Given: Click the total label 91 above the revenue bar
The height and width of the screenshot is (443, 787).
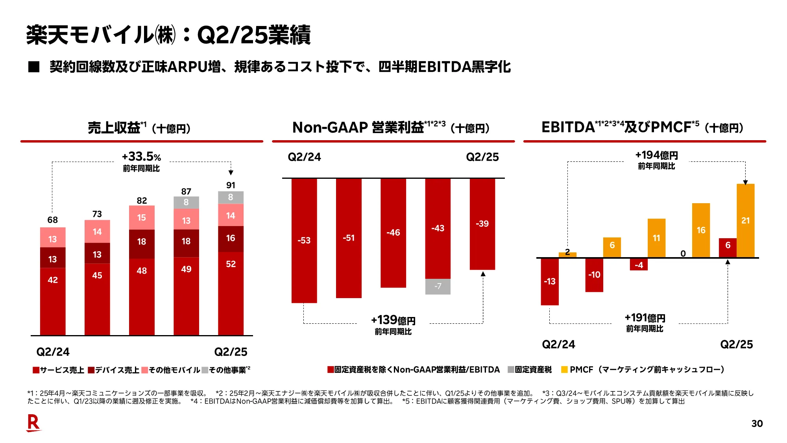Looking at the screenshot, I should point(231,185).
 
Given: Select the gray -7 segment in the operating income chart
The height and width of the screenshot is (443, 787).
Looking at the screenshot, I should point(438,286).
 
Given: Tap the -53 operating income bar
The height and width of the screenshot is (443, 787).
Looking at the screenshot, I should point(304,241).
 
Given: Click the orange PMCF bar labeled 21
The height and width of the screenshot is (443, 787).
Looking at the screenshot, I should point(745,221).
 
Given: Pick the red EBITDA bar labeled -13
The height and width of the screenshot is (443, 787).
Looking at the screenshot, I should point(549,281).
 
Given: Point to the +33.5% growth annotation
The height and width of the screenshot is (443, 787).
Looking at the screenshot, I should point(141,157).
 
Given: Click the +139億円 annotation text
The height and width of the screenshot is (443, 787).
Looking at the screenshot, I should point(393,320).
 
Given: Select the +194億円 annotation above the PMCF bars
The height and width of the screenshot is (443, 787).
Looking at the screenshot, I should point(656,155).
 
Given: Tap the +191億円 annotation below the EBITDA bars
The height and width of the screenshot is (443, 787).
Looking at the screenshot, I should point(645,318).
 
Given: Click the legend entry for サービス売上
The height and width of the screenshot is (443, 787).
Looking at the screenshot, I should point(59,370).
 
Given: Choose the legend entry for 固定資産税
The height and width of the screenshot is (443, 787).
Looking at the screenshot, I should point(530,370).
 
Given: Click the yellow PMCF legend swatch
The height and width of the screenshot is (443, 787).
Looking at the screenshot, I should point(564,370).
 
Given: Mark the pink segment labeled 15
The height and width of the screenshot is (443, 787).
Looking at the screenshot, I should point(142,217).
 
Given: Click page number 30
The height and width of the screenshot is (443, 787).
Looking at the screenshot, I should point(757,423).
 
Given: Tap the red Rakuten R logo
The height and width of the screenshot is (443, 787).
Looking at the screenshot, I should point(33,423).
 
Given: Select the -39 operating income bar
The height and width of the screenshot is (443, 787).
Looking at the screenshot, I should point(482,224).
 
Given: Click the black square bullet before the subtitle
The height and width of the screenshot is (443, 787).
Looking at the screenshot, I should point(34,67).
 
